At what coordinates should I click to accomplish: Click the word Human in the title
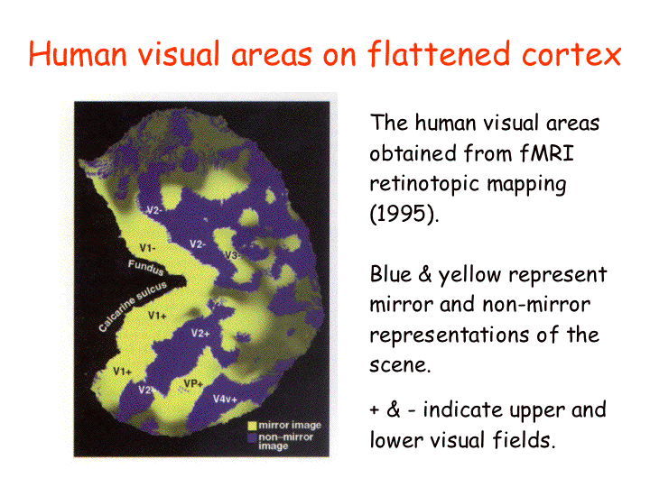(x=78, y=54)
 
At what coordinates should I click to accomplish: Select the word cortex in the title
(x=571, y=54)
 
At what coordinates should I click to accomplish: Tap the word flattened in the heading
(x=439, y=53)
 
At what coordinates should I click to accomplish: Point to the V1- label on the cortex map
(x=148, y=248)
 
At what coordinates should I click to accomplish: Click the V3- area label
(x=233, y=255)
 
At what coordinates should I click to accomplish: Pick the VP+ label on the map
(x=193, y=383)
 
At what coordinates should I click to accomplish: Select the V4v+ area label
(x=225, y=399)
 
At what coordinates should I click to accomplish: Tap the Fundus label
(x=145, y=267)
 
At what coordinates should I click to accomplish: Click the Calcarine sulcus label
(x=133, y=306)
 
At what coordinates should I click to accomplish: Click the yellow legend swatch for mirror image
(x=252, y=426)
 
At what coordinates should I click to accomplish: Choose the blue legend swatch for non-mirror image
(x=252, y=437)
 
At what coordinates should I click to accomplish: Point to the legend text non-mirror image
(x=285, y=441)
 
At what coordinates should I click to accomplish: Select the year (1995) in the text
(x=404, y=214)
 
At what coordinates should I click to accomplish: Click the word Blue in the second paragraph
(x=390, y=274)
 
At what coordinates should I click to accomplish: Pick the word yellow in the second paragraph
(x=469, y=275)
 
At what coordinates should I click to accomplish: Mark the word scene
(x=401, y=365)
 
